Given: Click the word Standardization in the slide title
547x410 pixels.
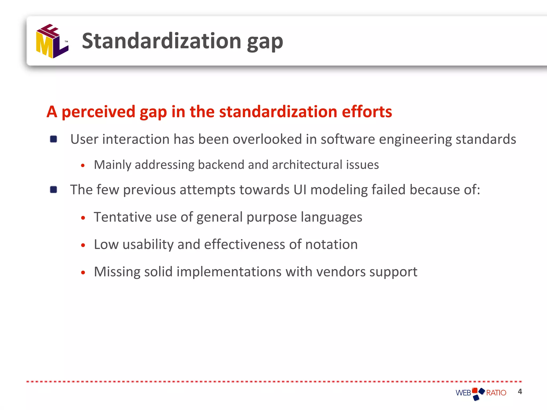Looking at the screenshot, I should pyautogui.click(x=162, y=41).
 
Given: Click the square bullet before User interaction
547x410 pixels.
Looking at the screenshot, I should pyautogui.click(x=53, y=139).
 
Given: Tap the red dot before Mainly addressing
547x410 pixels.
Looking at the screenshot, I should pyautogui.click(x=83, y=165).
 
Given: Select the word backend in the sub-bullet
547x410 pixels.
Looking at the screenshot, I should pyautogui.click(x=221, y=164).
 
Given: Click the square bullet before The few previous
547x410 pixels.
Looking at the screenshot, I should pyautogui.click(x=53, y=190).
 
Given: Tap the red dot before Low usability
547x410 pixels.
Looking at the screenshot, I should pyautogui.click(x=83, y=245).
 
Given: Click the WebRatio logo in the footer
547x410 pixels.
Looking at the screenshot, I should pyautogui.click(x=480, y=393).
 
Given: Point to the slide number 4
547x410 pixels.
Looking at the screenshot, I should pyautogui.click(x=519, y=392).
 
